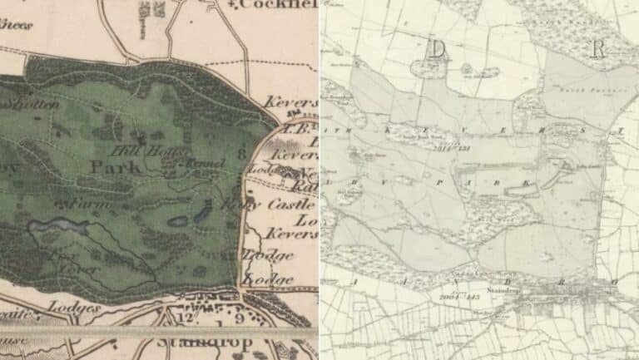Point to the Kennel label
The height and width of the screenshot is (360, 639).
coord(206,164)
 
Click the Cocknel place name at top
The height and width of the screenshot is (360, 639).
coord(279,5)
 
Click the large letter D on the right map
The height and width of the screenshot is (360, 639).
coord(435,49)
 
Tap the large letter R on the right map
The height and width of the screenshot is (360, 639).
coord(597,49)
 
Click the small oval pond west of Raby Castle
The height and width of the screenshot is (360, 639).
coord(178,221)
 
